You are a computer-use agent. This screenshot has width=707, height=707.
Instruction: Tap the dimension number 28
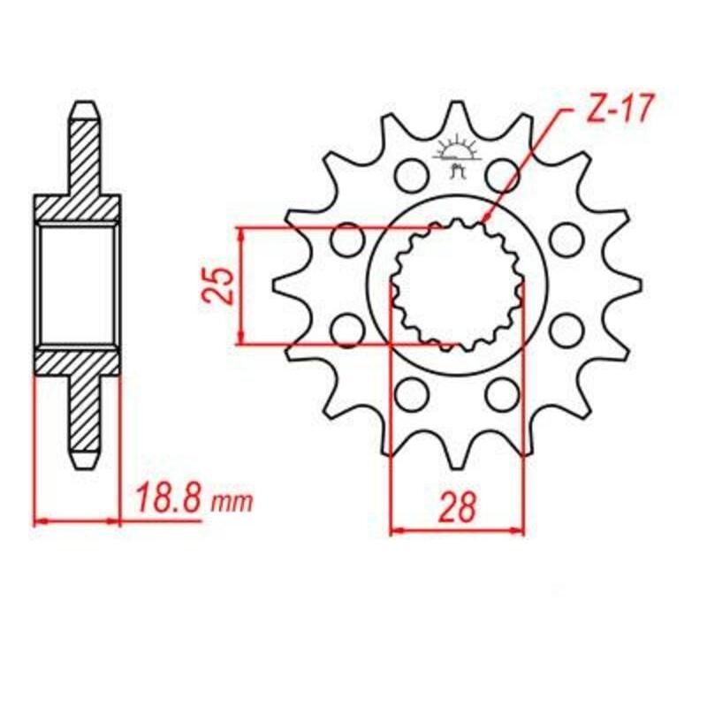pos(457,506)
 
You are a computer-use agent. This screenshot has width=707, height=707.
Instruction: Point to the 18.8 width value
pos(168,499)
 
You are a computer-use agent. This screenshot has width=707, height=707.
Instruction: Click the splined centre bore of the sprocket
pos(456,283)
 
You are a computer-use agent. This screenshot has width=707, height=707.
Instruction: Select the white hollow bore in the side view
pos(78,285)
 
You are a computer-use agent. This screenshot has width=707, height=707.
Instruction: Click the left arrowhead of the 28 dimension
pos(394,531)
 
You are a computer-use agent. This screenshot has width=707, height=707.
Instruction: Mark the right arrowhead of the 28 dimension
pos(521,531)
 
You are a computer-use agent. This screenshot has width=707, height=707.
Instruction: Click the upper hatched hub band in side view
pos(78,207)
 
